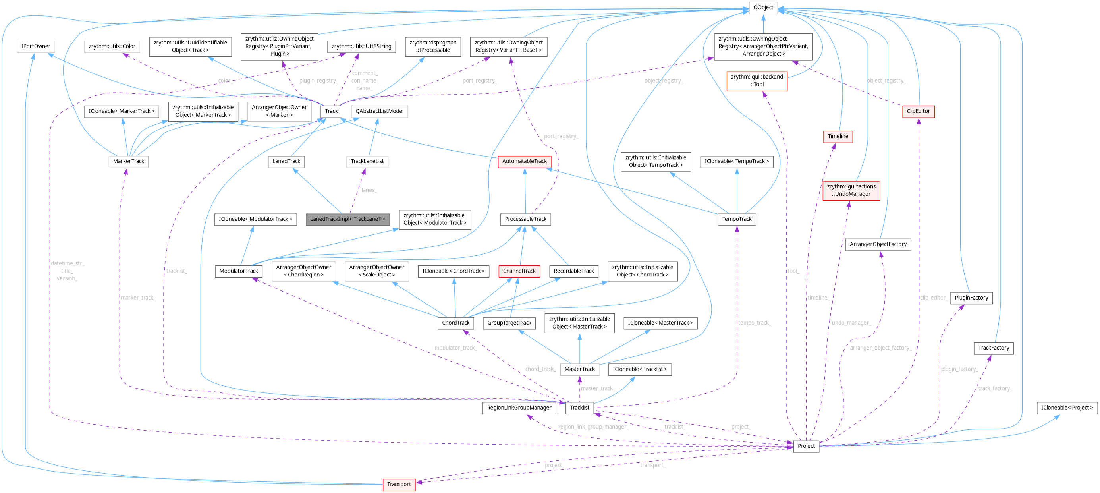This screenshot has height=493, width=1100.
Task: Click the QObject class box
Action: [x=763, y=7]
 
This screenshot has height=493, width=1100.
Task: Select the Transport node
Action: [x=399, y=484]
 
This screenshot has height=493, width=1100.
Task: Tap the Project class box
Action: [x=806, y=446]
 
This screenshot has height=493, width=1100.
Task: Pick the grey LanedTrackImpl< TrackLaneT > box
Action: [x=347, y=219]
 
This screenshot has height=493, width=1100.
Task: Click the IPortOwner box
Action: [x=35, y=46]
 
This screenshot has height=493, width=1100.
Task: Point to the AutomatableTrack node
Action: [x=524, y=161]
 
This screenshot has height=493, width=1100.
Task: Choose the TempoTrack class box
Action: [x=737, y=219]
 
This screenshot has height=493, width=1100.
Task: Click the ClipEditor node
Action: [x=918, y=111]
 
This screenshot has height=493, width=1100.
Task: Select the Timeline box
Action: [x=838, y=136]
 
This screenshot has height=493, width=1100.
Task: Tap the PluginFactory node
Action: [x=971, y=297]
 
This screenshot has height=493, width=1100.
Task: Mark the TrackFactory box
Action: [x=993, y=348]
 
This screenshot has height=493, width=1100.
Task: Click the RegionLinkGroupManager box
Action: [x=519, y=408]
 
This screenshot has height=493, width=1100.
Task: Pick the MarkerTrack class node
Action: [x=129, y=161]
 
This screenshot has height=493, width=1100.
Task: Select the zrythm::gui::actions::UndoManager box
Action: [x=851, y=190]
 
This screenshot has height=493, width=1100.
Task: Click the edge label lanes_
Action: [x=369, y=190]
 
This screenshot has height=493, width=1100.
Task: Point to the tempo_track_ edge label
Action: [x=754, y=323]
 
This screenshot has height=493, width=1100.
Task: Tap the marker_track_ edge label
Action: [x=138, y=297]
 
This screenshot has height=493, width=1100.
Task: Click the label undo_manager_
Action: [x=851, y=323]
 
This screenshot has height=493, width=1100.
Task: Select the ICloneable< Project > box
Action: [x=1067, y=408]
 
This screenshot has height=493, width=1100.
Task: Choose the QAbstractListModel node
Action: [x=379, y=111]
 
